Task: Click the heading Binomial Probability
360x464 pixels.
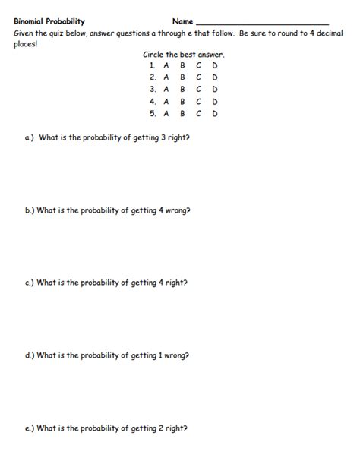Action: pyautogui.click(x=49, y=21)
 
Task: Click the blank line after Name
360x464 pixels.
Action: pyautogui.click(x=262, y=23)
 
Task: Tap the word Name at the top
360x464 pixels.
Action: pyautogui.click(x=182, y=21)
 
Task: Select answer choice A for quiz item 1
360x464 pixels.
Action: pyautogui.click(x=166, y=66)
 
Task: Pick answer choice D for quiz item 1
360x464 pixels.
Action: pyautogui.click(x=215, y=66)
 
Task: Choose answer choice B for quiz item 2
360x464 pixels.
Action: pyautogui.click(x=182, y=77)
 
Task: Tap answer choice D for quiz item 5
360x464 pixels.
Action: pyautogui.click(x=215, y=114)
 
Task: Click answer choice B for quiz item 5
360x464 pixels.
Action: pyautogui.click(x=182, y=114)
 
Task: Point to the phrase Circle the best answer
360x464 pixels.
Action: pyautogui.click(x=183, y=55)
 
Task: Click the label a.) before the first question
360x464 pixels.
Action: pyautogui.click(x=30, y=138)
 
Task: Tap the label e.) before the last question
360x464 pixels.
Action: pyautogui.click(x=30, y=428)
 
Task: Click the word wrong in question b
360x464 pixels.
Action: pyautogui.click(x=174, y=210)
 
